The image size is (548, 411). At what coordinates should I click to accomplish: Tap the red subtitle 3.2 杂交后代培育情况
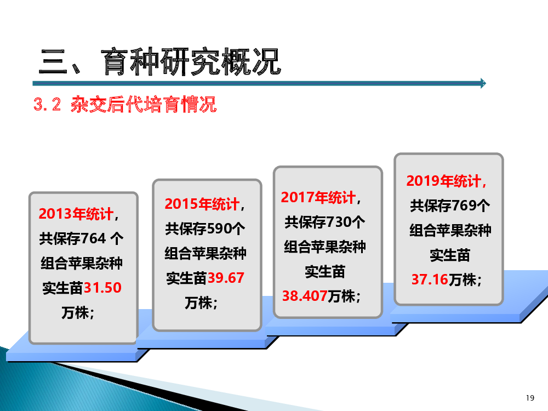125,104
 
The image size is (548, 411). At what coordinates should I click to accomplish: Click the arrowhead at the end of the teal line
483,83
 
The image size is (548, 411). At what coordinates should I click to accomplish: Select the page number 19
530,398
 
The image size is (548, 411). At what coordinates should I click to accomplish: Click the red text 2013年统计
76,214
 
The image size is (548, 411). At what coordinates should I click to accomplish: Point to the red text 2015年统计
202,204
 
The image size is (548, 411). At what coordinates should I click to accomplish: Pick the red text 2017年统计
318,197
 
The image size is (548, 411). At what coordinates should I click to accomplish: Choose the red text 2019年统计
443,181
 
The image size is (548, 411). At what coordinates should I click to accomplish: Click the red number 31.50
102,288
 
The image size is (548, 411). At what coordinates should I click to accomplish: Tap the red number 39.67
226,278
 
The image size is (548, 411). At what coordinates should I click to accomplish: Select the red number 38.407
305,296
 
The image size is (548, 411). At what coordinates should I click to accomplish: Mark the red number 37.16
430,279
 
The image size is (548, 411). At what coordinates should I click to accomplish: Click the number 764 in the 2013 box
93,239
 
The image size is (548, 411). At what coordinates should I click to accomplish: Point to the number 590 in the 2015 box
219,229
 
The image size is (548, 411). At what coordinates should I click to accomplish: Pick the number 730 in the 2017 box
338,222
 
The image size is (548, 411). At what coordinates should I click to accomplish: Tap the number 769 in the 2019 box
464,206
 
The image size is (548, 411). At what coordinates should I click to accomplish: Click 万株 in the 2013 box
75,312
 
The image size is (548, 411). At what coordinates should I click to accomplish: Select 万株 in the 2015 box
198,302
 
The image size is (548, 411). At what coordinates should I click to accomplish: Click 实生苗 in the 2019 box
450,255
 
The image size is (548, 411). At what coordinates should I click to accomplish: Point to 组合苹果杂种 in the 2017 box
324,247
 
